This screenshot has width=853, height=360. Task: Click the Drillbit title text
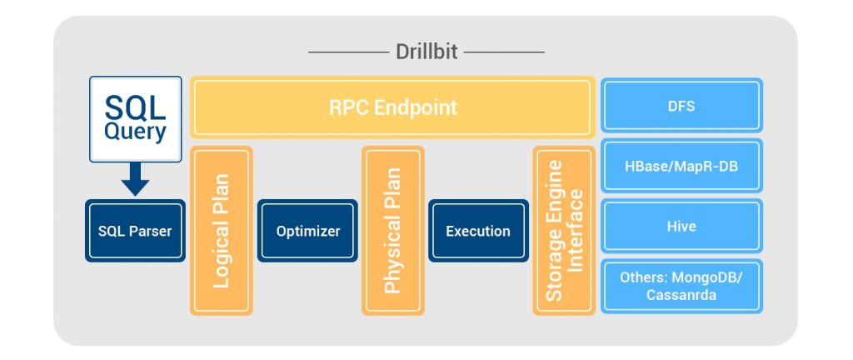426,52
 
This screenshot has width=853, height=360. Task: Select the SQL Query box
135,119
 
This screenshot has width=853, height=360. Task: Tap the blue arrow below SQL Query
135,178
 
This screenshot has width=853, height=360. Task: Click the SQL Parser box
135,231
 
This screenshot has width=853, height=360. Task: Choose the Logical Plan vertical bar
221,231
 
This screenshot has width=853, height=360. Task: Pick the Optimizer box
307,231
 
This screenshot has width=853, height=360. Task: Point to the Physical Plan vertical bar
392,231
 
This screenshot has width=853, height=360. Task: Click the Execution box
478,231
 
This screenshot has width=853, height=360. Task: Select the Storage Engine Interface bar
564,231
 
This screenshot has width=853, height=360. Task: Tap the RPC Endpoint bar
392,107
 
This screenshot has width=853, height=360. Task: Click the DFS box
681,107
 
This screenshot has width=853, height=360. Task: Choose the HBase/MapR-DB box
681,166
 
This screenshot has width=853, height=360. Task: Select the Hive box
681,226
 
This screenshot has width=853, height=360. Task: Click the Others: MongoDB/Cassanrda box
681,286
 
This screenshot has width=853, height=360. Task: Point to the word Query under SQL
135,132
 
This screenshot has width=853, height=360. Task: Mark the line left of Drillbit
347,52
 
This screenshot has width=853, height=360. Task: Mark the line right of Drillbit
505,52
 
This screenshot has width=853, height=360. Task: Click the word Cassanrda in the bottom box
681,294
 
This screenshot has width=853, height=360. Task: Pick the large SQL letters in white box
135,107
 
